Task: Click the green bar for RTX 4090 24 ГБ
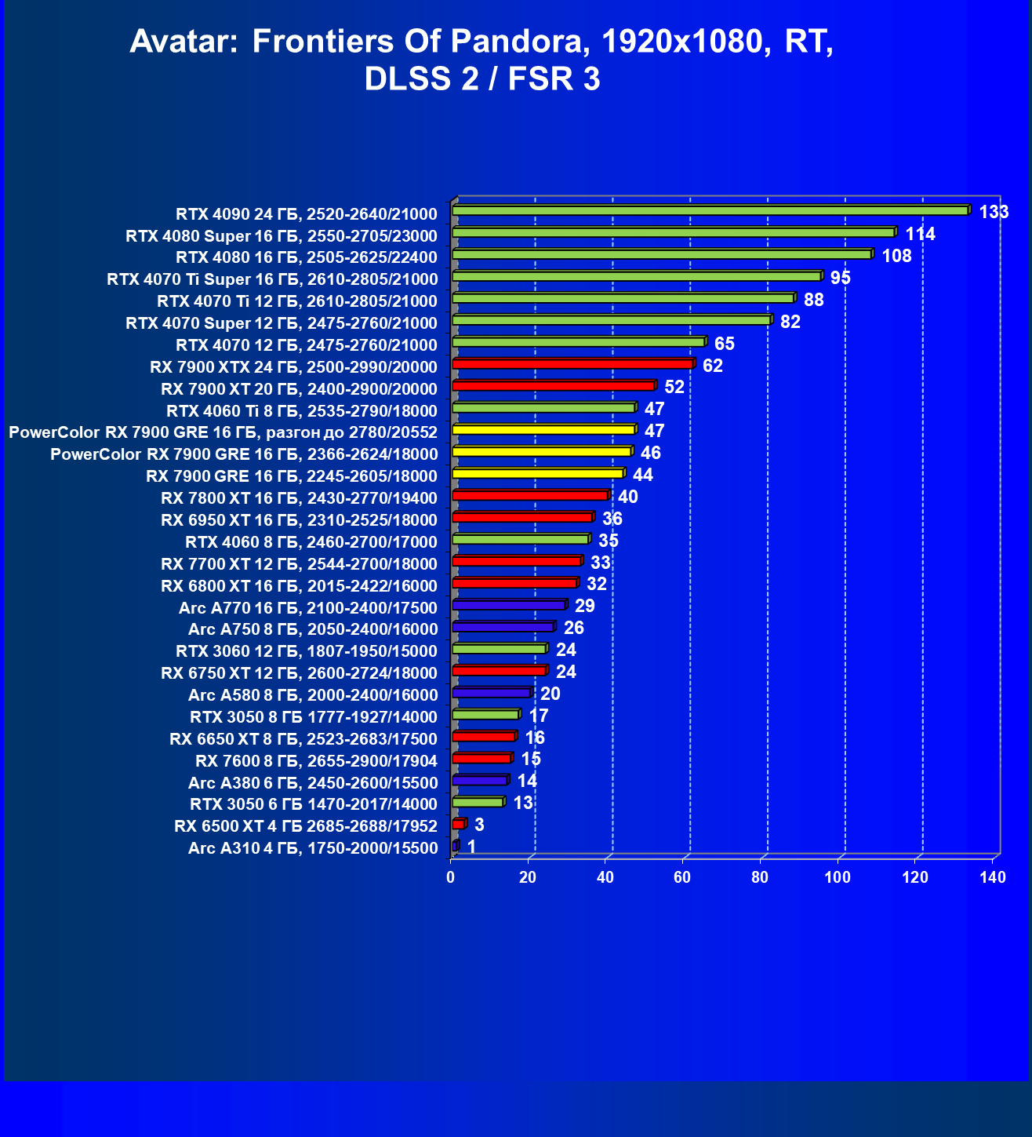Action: (710, 210)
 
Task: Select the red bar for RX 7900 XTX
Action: (572, 364)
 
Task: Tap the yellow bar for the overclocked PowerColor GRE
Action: (543, 430)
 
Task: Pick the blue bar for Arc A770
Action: (508, 605)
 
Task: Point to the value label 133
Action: (994, 212)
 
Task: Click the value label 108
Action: (896, 256)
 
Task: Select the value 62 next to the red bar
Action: (712, 366)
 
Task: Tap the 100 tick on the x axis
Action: (838, 877)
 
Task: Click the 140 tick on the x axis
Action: (993, 877)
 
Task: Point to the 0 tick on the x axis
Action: (450, 877)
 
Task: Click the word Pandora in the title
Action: (525, 42)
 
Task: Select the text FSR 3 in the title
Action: (554, 79)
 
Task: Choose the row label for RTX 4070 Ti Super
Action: (272, 279)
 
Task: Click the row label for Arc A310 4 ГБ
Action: (312, 848)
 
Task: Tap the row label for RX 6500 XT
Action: (305, 826)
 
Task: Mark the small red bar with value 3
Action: (458, 824)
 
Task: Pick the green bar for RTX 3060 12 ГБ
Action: (498, 649)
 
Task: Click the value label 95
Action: (840, 278)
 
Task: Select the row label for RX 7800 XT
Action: (299, 498)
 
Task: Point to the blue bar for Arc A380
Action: (479, 780)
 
